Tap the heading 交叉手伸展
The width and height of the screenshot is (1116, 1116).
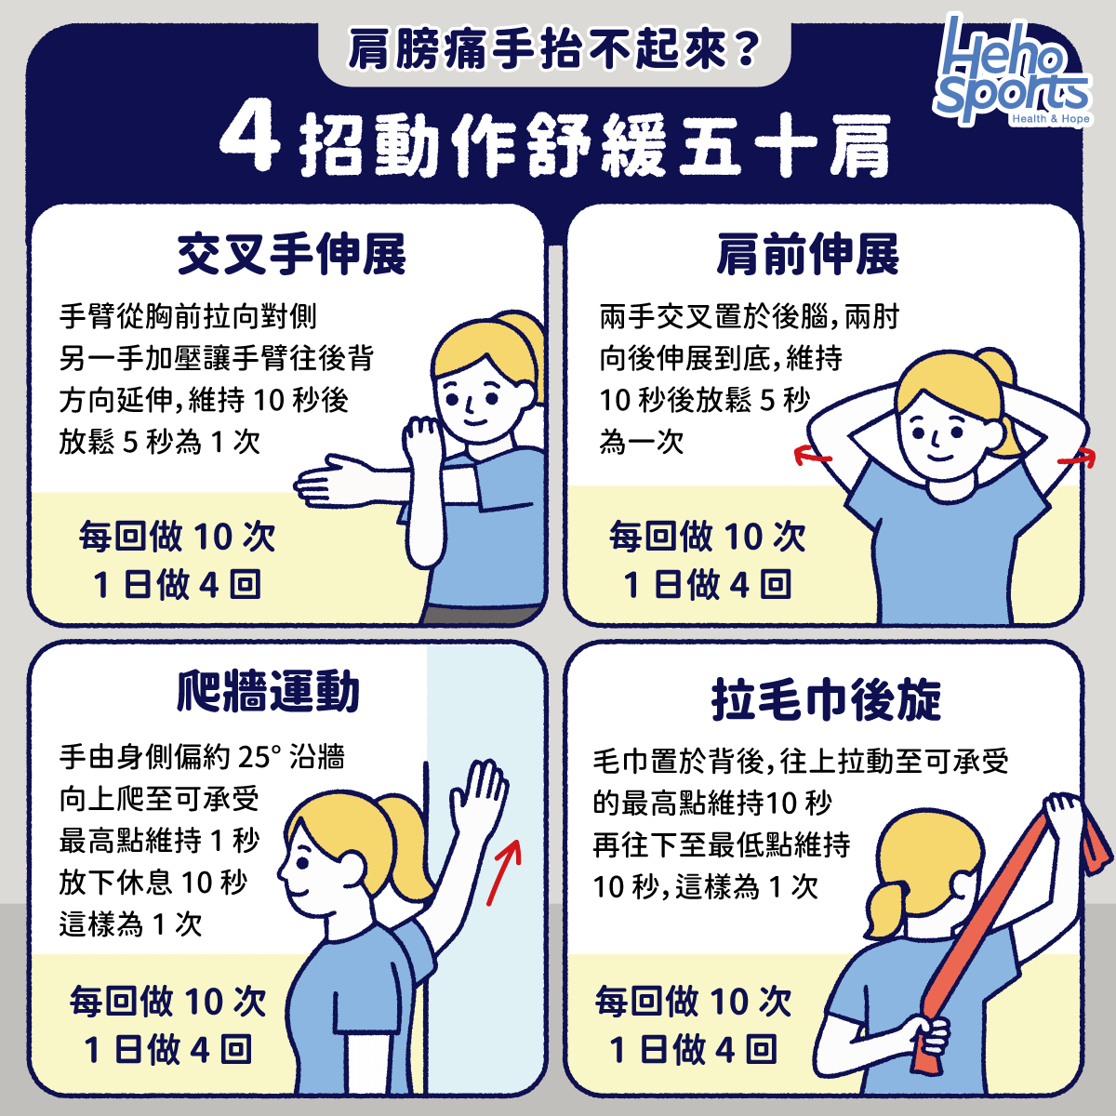[291, 254]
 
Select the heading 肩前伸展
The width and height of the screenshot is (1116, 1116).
[807, 254]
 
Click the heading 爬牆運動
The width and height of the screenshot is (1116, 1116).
[268, 692]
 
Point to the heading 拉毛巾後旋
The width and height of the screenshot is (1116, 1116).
[826, 699]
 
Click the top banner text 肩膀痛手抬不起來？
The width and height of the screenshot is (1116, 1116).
[554, 51]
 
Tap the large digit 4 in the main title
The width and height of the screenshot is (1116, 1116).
[249, 139]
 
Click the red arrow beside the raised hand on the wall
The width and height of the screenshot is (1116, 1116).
[505, 870]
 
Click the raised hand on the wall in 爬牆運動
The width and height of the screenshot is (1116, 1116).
[480, 790]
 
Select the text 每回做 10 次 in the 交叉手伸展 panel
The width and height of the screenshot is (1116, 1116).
[177, 537]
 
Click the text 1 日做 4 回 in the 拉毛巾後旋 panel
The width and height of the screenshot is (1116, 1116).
[693, 1050]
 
